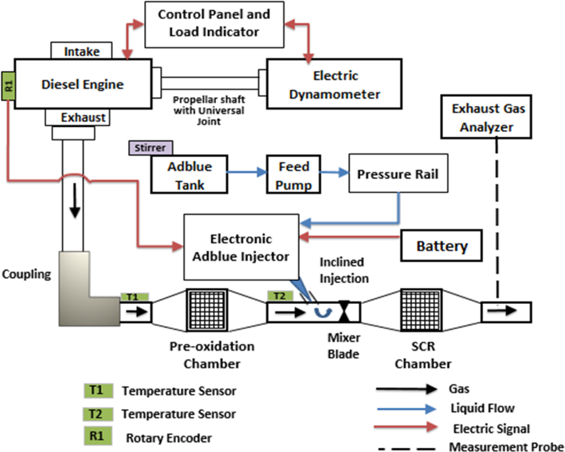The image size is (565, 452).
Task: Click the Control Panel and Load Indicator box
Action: [x=214, y=24]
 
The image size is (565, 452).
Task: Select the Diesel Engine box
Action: [x=83, y=84]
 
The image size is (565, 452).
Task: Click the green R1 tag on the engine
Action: [x=8, y=86]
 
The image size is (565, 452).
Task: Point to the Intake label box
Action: [x=82, y=51]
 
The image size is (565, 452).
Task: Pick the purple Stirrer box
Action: [x=151, y=148]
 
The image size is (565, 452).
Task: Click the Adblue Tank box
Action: [x=189, y=174]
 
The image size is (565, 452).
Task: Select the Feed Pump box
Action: [x=293, y=174]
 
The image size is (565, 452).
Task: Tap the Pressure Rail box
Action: [x=398, y=173]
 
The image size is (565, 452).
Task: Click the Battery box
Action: [x=441, y=246]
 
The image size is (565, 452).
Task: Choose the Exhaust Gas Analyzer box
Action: [x=486, y=117]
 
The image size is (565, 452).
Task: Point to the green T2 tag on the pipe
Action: [x=280, y=296]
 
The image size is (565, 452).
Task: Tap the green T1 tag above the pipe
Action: [x=134, y=297]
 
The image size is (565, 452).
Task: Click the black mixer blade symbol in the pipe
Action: [x=344, y=312]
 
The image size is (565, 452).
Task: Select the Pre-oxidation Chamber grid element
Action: [x=207, y=310]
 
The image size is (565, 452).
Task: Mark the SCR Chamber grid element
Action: [x=421, y=310]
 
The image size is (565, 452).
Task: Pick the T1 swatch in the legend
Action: [x=98, y=391]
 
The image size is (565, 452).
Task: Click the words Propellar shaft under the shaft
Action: [x=209, y=100]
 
